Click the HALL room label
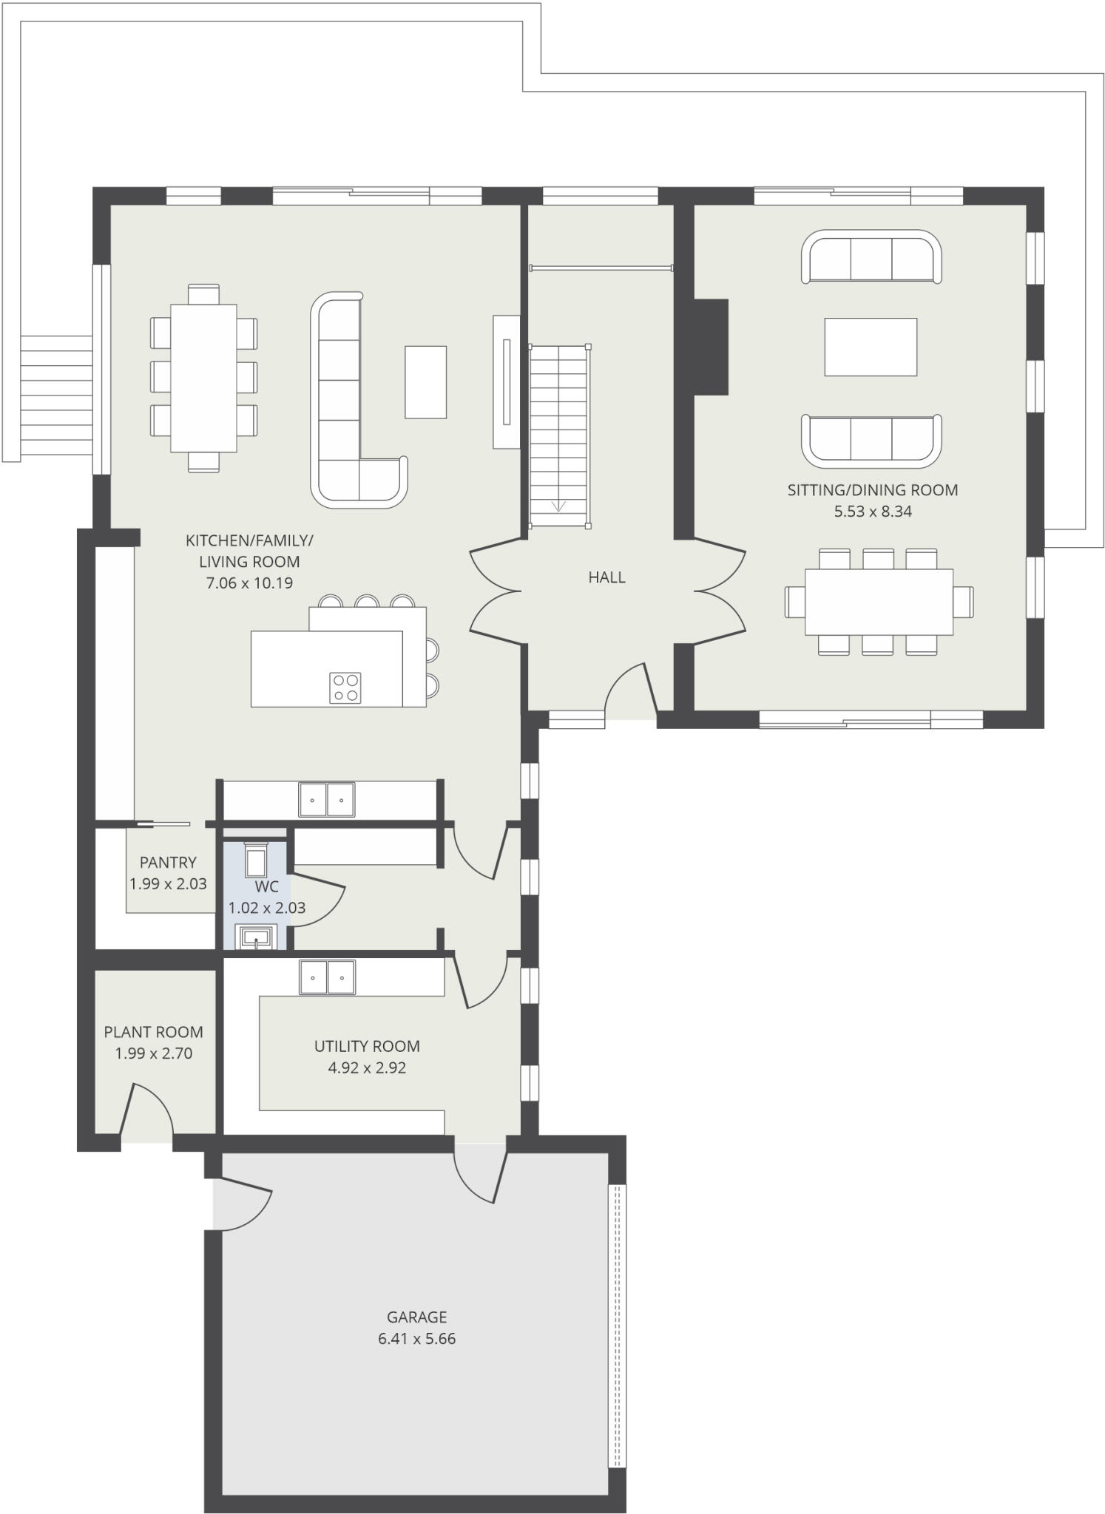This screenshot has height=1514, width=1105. click(x=606, y=577)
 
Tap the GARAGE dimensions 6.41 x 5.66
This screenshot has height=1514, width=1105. click(x=416, y=1338)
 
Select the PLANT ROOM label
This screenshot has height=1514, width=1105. click(x=153, y=1031)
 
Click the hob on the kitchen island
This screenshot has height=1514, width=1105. click(x=345, y=688)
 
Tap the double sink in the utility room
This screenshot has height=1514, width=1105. click(x=327, y=977)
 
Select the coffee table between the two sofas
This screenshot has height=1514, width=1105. click(x=871, y=347)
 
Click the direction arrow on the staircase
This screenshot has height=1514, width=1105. click(x=559, y=506)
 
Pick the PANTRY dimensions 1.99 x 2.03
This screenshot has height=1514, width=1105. click(x=168, y=883)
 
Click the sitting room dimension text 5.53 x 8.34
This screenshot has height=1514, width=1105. click(x=873, y=511)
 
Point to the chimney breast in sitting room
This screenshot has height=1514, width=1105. click(x=710, y=347)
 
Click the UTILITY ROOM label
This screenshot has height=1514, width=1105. click(x=367, y=1046)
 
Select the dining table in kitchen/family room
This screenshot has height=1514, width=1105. click(x=203, y=378)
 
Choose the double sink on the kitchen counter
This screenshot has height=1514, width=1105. click(x=326, y=799)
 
